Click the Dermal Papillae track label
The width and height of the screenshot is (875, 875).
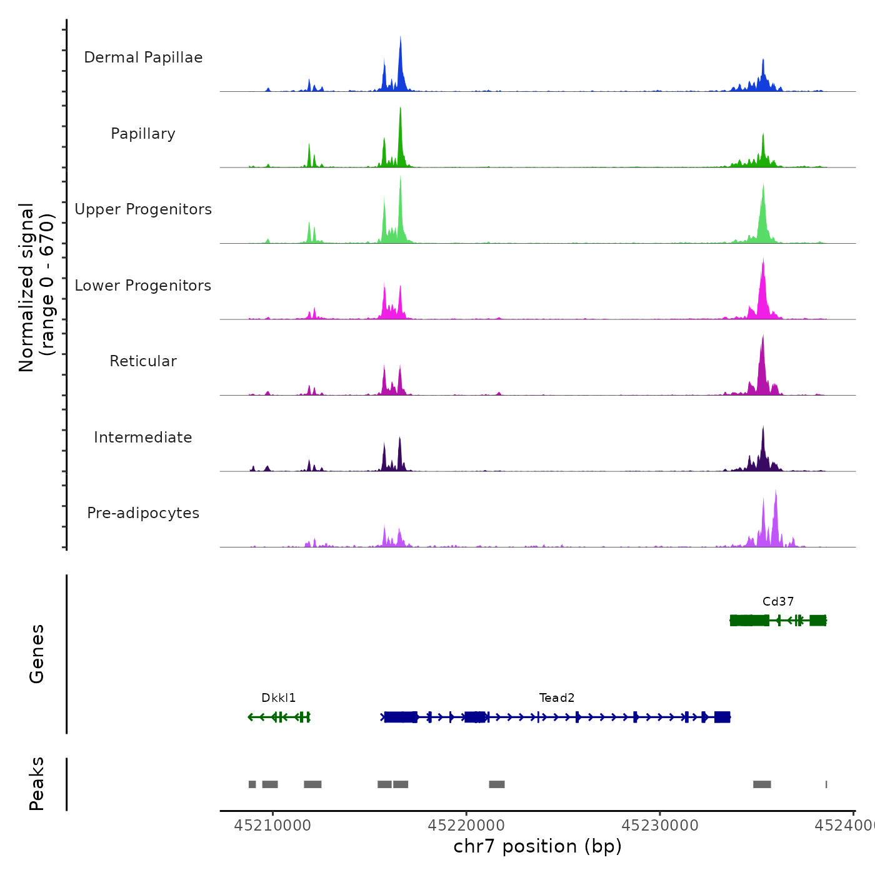point(143,57)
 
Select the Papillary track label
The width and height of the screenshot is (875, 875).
point(143,134)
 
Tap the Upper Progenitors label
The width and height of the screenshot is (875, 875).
point(143,209)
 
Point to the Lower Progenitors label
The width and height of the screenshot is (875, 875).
point(143,286)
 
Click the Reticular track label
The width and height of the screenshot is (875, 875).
point(143,361)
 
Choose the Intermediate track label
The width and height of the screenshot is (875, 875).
point(143,437)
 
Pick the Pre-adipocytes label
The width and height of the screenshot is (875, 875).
point(143,513)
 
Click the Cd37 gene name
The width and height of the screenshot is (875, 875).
point(778,602)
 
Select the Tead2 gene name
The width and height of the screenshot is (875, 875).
point(557,698)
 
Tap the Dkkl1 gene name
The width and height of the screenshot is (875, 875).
point(279,698)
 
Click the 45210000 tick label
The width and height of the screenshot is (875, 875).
point(272,826)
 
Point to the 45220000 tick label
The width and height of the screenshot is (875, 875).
point(466,826)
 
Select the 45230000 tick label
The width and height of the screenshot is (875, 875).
point(660,826)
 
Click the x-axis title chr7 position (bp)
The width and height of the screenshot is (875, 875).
point(537,846)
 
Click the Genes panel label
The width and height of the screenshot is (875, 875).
point(37,654)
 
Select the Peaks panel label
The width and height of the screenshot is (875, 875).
point(37,784)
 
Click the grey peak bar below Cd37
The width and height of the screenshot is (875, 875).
point(762,784)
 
